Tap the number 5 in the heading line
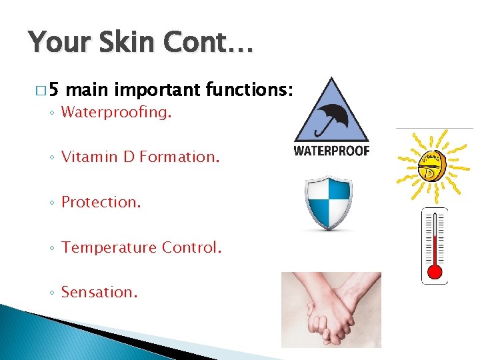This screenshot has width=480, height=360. (x=54, y=89)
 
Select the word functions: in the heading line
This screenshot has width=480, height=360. (x=249, y=89)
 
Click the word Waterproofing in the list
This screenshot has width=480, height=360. (x=115, y=113)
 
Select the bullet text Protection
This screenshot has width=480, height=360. (x=101, y=202)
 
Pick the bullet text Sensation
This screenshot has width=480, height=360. (x=99, y=292)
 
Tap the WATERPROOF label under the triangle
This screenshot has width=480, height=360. (x=331, y=151)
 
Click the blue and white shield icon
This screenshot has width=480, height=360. (x=327, y=203)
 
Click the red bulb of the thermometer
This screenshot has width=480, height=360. (x=435, y=271)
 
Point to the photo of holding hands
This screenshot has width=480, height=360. (x=331, y=309)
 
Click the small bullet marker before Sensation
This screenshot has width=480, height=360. (x=52, y=293)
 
